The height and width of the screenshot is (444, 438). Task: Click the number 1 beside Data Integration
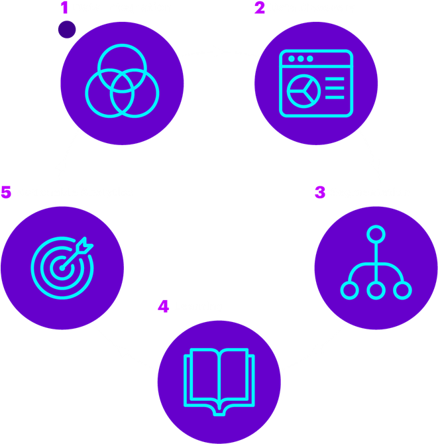click(x=64, y=8)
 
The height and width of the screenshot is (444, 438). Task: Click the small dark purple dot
click(x=66, y=29)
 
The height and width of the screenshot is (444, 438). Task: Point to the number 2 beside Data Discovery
click(x=259, y=8)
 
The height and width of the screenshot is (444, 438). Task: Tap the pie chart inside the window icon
click(x=304, y=89)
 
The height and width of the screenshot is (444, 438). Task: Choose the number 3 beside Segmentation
click(x=320, y=192)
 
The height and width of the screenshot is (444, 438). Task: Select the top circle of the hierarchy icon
click(x=376, y=234)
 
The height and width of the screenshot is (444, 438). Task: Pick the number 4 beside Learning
click(x=164, y=306)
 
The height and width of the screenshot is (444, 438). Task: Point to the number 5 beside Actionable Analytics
click(x=6, y=192)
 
